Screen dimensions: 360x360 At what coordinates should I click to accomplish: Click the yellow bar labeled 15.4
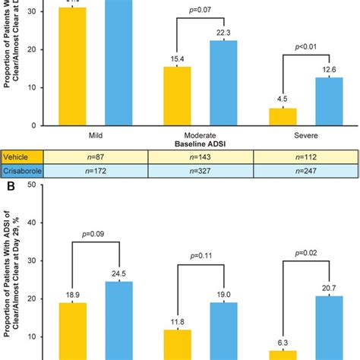coord(178,96)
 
